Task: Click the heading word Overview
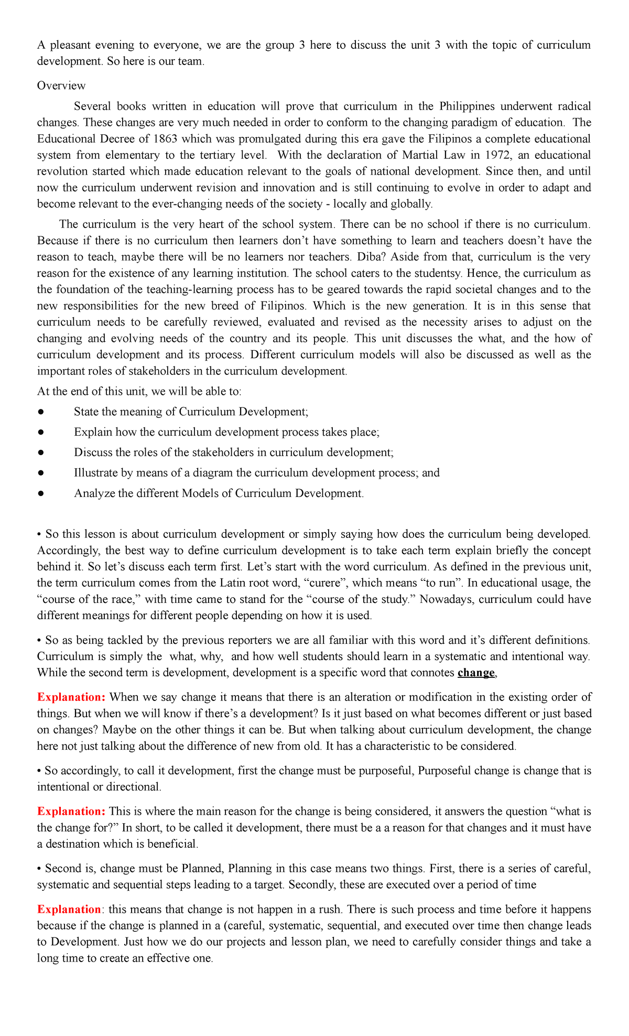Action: [61, 85]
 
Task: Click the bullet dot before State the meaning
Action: [40, 412]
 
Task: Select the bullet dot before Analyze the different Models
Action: [40, 494]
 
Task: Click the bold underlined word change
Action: [475, 673]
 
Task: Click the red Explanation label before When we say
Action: [71, 697]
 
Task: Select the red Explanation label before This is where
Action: [71, 812]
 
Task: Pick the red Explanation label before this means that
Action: [69, 910]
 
